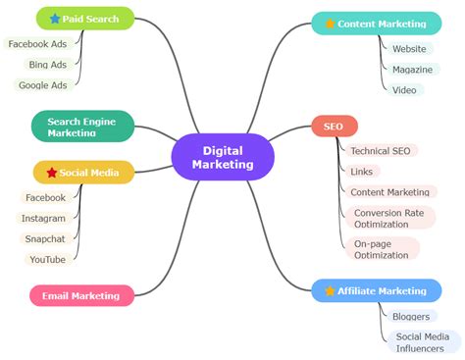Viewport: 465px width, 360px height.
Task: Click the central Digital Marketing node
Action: tap(223, 157)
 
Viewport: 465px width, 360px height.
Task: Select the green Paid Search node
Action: tap(85, 19)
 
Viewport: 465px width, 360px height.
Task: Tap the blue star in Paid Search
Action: tap(55, 19)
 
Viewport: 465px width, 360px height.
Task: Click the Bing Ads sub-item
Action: tap(47, 65)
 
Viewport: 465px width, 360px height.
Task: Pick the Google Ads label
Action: tap(43, 85)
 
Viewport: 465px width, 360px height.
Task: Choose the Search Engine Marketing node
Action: tap(83, 126)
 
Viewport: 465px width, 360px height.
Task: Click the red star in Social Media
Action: tap(52, 173)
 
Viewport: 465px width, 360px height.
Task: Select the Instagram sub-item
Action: tap(44, 218)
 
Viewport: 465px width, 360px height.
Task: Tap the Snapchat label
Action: tap(44, 238)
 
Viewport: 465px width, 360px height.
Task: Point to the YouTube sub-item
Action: tap(47, 259)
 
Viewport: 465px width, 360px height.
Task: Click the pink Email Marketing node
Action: tap(81, 295)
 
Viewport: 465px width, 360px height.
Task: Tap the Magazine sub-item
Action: tap(411, 69)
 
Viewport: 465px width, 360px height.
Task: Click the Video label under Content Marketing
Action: tap(404, 89)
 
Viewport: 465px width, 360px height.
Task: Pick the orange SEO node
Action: tap(334, 126)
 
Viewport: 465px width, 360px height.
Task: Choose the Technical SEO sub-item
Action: tap(381, 150)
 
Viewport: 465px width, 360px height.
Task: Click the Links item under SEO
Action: tap(361, 172)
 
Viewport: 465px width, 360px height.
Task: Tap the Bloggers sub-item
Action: tap(410, 316)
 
